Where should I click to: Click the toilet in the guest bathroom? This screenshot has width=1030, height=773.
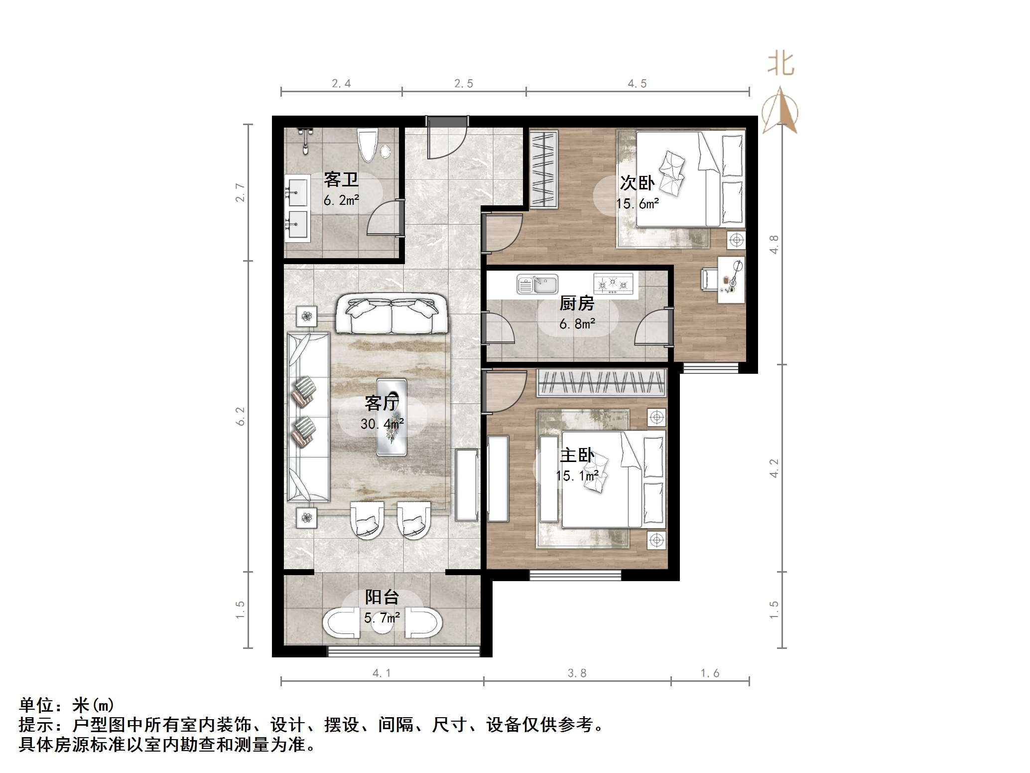368,145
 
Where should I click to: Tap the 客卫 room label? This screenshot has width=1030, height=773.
341,179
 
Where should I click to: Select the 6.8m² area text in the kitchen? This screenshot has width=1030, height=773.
577,324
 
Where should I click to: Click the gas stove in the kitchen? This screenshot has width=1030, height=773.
613,283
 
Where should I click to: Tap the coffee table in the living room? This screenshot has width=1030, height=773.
391,417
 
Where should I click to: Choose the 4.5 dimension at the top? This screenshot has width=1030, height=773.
637,84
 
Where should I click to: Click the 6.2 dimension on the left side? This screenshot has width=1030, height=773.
241,416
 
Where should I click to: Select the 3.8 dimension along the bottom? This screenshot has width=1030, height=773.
577,673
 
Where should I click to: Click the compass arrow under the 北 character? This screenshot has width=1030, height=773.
780,111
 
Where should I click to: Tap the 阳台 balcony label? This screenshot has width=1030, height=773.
382,597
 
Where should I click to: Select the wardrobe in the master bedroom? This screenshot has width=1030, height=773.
602,383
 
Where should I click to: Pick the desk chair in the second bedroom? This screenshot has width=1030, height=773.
709,279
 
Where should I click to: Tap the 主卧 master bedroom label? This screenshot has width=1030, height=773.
577,455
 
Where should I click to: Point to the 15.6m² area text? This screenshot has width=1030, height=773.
638,204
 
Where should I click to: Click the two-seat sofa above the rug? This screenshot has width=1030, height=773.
391,314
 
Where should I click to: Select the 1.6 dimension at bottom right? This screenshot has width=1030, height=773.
710,673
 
